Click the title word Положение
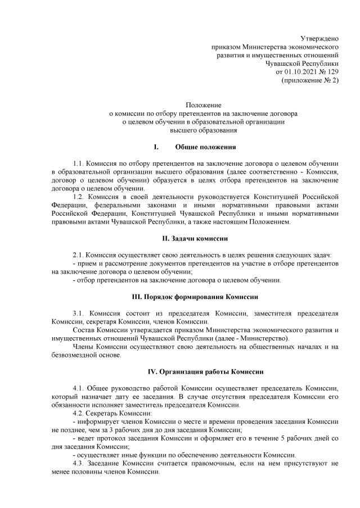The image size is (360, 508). (x=204, y=105)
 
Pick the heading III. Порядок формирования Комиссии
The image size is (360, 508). (x=203, y=296)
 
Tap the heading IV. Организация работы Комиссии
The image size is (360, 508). (x=203, y=373)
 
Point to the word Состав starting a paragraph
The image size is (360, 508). (x=84, y=330)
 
